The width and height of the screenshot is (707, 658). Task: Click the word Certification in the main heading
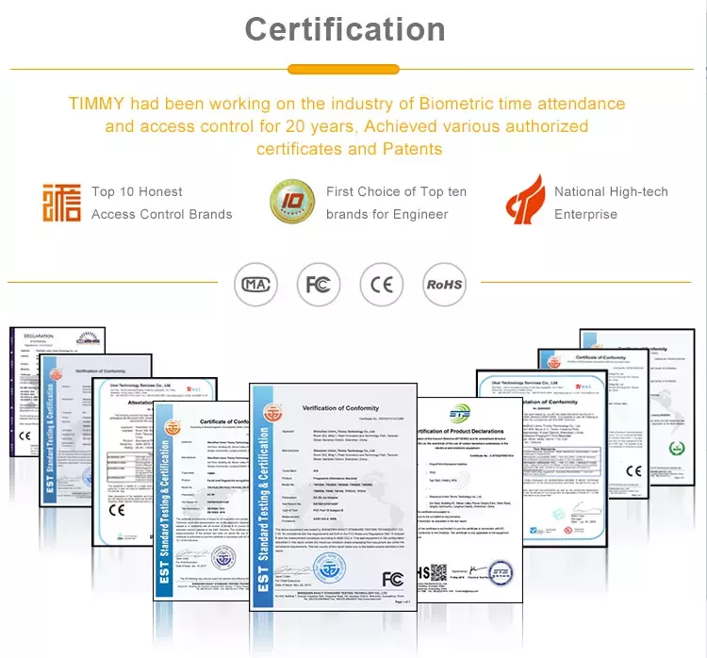coord(345,29)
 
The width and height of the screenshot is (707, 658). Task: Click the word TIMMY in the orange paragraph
coord(97,104)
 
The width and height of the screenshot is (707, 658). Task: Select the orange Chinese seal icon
coord(61,203)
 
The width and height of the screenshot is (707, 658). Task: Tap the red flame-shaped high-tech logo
coord(524,201)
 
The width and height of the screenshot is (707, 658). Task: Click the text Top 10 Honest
coord(137,191)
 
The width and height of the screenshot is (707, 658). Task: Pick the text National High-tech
coord(611,191)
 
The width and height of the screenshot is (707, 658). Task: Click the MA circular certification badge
coord(256,284)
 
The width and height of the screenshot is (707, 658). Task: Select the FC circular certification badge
coord(319,284)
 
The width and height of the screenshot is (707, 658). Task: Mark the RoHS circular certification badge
coord(444,284)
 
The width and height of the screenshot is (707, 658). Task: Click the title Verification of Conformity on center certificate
coord(340,408)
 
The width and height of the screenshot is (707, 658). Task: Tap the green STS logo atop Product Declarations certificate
coord(459,412)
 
